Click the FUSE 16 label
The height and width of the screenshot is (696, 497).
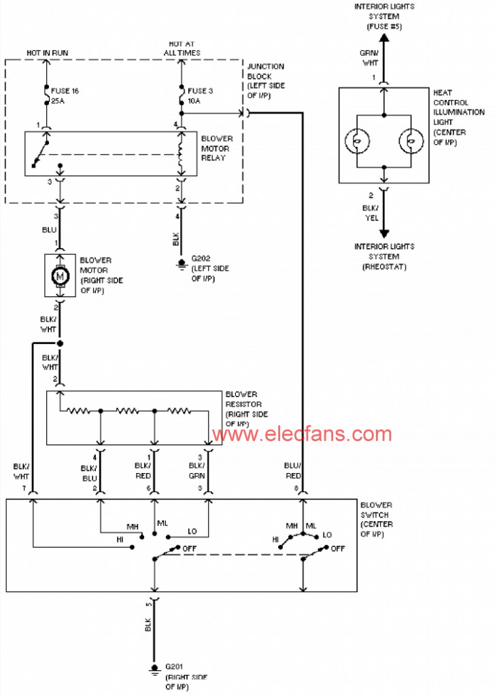65,90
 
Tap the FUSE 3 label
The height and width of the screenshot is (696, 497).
200,90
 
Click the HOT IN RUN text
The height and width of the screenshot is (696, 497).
47,52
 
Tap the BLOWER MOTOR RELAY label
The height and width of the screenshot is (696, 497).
216,147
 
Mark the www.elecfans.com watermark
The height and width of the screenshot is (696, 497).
301,434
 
